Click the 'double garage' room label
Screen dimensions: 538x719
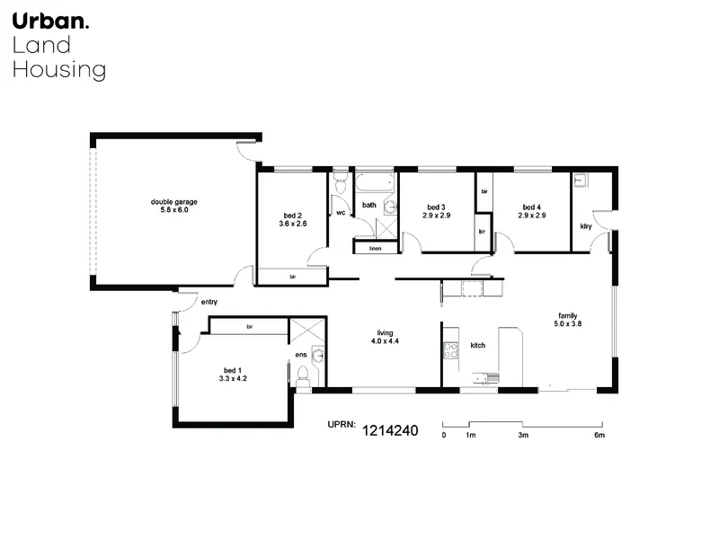(x=173, y=201)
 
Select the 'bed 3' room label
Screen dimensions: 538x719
(x=436, y=207)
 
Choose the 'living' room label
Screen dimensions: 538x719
(x=386, y=333)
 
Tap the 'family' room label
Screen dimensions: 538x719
(x=567, y=316)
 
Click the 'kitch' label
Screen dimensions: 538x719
(x=478, y=345)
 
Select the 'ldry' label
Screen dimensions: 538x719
(x=585, y=225)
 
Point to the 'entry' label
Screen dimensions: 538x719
(x=209, y=303)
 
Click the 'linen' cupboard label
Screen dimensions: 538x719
(x=375, y=248)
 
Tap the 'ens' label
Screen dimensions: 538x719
(x=300, y=355)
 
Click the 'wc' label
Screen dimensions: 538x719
(x=341, y=213)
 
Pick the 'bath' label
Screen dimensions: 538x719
(x=368, y=206)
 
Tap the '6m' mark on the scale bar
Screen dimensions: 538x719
(x=599, y=435)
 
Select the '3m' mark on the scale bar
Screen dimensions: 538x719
(x=522, y=435)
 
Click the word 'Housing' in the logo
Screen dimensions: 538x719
(x=58, y=69)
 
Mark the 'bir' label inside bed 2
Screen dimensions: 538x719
(x=292, y=278)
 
